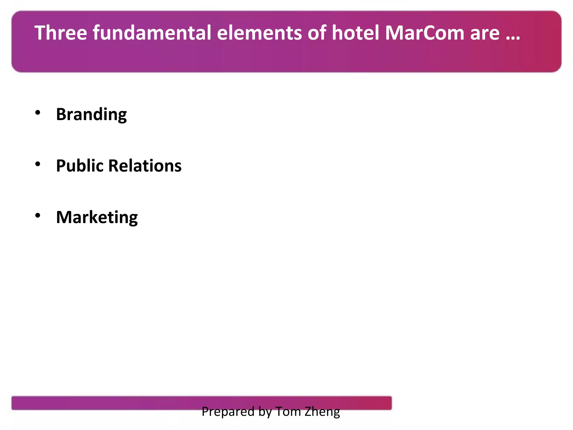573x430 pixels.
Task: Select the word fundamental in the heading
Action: point(152,33)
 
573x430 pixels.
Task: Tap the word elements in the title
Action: point(259,33)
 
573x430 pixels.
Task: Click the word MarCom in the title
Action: point(424,33)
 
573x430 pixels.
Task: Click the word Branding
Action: point(91,114)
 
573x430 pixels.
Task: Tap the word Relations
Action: point(145,166)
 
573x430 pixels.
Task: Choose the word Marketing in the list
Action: point(97,217)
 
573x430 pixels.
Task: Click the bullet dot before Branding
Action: point(38,113)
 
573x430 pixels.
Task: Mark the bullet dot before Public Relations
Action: point(38,164)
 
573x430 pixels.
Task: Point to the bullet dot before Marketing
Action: point(38,216)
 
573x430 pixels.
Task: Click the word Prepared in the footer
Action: point(224,412)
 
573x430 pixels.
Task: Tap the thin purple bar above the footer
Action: point(112,403)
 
